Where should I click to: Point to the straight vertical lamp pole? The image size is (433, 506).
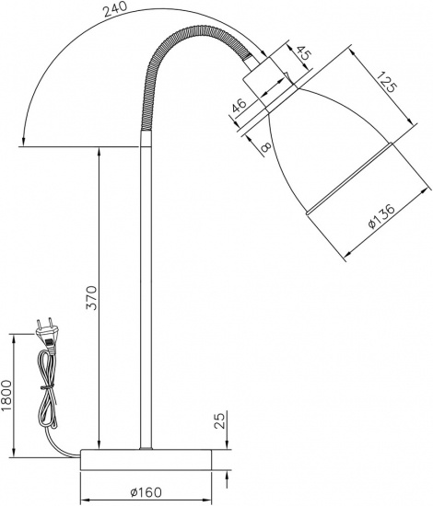pyautogui.click(x=145, y=294)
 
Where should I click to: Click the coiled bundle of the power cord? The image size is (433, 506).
pyautogui.click(x=45, y=396)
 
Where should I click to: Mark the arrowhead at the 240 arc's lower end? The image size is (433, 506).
pyautogui.click(x=22, y=142)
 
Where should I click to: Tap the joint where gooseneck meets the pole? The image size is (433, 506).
pyautogui.click(x=145, y=134)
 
